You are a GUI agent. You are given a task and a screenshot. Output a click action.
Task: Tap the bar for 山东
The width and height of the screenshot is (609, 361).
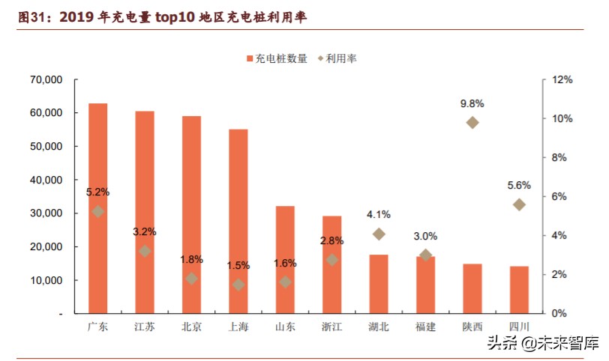[285, 259]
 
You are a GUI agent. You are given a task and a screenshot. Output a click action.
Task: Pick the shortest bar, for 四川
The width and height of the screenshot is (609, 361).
[519, 289]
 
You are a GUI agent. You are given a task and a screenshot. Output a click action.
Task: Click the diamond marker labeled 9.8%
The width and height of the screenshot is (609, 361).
[472, 122]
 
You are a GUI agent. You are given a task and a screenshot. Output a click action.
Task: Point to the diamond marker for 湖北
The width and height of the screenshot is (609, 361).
[379, 234]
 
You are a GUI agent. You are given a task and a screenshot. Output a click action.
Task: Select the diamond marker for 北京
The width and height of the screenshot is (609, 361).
[191, 278]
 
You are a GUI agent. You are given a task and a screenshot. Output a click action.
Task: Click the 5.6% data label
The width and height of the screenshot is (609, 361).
[519, 185]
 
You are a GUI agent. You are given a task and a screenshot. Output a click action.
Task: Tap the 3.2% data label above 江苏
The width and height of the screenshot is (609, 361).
[145, 231]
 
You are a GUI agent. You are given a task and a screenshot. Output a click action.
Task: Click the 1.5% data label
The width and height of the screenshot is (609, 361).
[238, 265]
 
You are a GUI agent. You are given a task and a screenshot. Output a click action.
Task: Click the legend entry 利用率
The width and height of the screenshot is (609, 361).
[337, 58]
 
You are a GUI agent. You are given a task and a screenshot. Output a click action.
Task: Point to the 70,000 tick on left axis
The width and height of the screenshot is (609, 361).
[46, 79]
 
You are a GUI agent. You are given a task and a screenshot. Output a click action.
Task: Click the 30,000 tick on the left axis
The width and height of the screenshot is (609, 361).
[46, 213]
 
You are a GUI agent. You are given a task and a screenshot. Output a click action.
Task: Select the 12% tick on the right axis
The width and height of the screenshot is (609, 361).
[562, 79]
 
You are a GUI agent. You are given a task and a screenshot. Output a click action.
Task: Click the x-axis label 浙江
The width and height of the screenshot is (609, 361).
[331, 327]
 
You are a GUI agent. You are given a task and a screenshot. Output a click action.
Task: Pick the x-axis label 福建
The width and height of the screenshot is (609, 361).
[425, 327]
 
